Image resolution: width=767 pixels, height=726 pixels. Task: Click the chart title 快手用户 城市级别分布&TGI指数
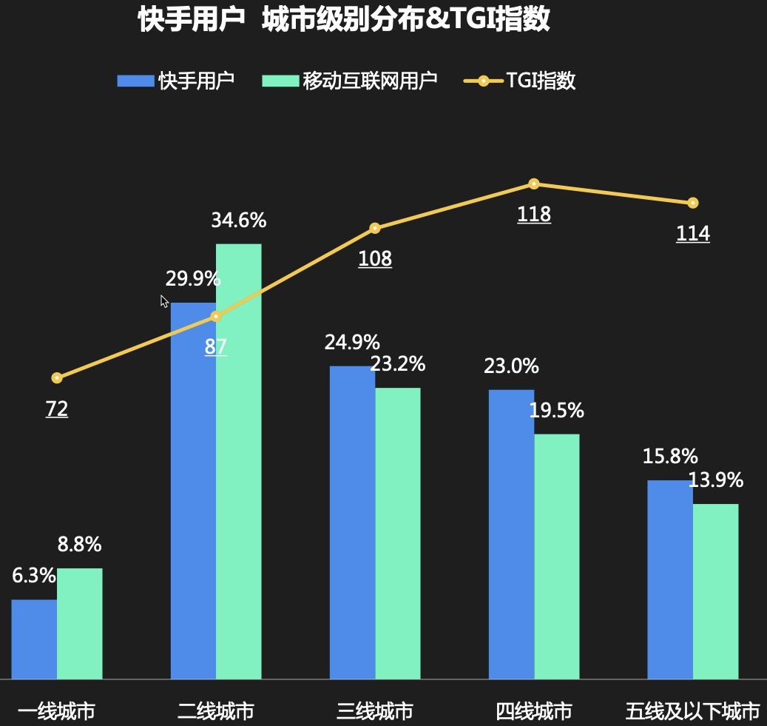coord(344,20)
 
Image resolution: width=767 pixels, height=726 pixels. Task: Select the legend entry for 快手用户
coord(176,81)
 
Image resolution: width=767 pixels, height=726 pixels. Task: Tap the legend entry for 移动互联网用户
coord(350,81)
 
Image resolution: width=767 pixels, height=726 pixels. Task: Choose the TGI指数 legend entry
coord(520,81)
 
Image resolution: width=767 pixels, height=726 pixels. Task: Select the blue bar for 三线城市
coord(352,522)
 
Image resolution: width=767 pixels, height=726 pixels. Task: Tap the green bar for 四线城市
coord(556,556)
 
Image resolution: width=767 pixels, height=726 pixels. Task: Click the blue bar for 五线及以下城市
coord(669,579)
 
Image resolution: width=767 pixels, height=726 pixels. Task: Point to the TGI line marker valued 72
coord(57,378)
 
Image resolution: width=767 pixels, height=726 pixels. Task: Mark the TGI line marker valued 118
coord(533,184)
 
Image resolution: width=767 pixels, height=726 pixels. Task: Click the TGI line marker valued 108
coord(375,228)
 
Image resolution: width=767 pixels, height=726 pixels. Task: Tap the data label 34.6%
coord(238,221)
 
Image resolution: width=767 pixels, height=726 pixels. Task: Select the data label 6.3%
coord(34,576)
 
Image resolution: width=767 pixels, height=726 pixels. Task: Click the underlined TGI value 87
coord(215,346)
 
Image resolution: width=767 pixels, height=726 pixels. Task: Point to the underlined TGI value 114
coord(692,234)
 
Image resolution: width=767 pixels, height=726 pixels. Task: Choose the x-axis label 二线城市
coord(215,711)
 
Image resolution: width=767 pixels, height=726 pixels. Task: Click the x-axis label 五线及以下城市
coord(692,711)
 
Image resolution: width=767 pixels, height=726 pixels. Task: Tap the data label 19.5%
coord(556,410)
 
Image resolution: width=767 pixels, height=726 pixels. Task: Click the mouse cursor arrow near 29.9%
coord(164,300)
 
